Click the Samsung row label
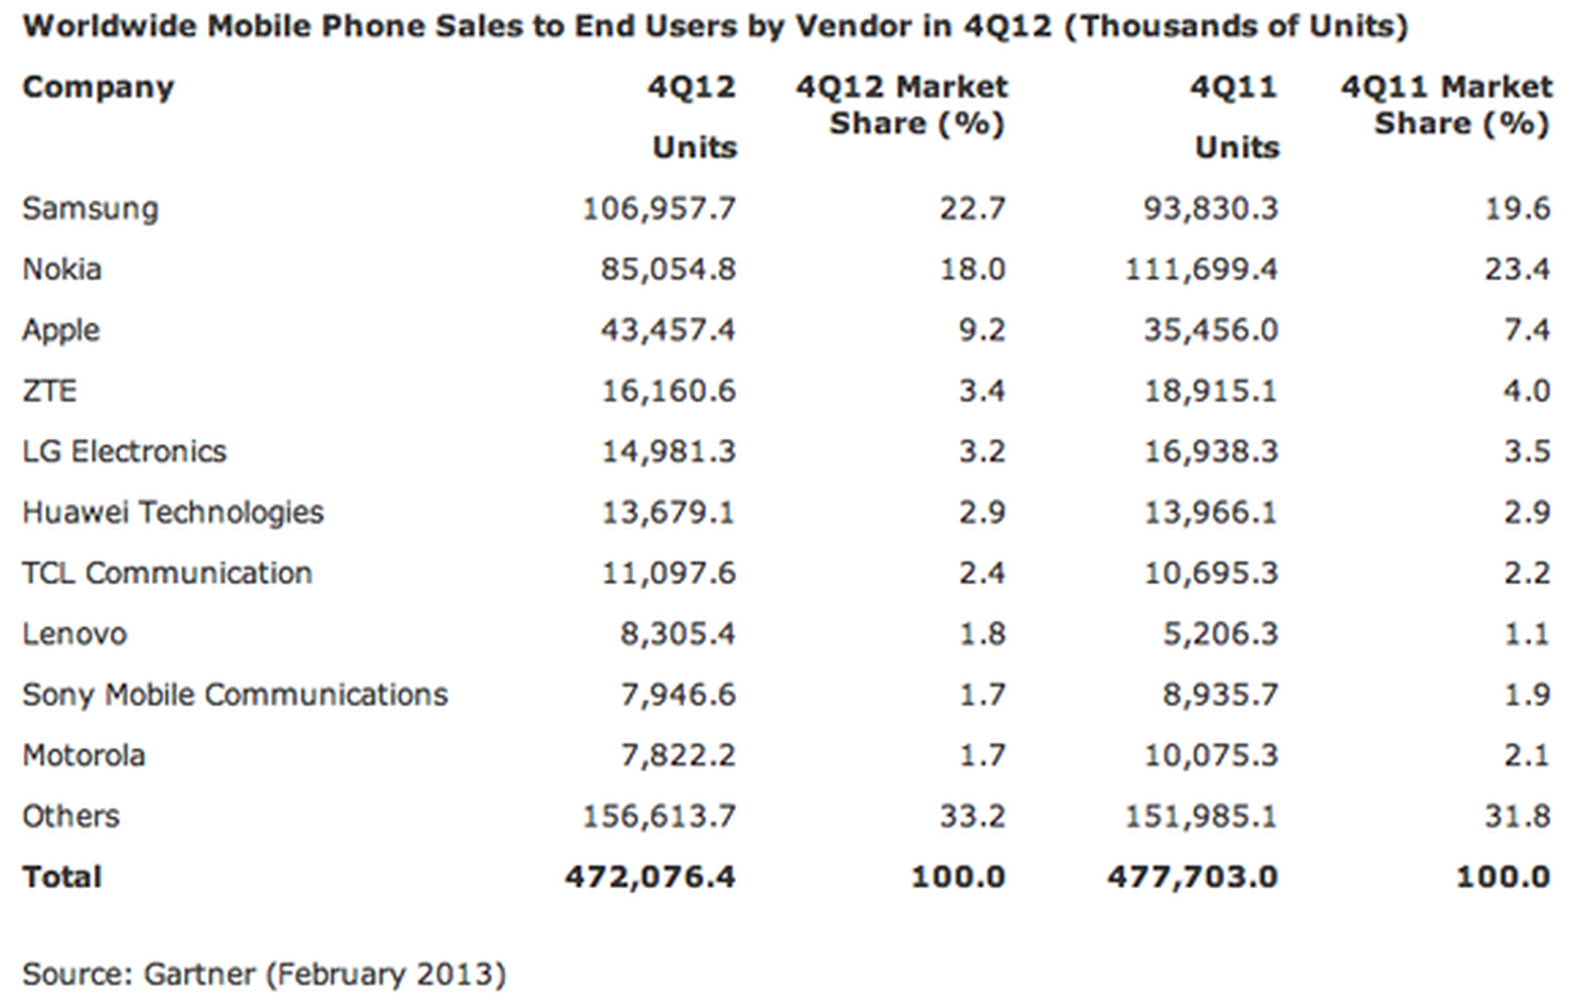tap(90, 208)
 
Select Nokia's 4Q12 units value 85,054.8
tap(668, 269)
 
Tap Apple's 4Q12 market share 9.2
tap(981, 330)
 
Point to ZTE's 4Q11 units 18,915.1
tap(1210, 391)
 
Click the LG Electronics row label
tap(124, 451)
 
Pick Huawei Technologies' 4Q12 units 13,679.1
tap(668, 512)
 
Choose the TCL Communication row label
tap(166, 573)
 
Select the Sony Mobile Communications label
tap(234, 695)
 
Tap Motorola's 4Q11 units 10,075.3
tap(1210, 755)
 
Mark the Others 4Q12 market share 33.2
tap(972, 816)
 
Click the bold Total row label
tap(62, 876)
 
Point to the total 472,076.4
tap(649, 876)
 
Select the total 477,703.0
tap(1192, 876)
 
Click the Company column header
tap(97, 88)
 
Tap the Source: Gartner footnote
tap(264, 974)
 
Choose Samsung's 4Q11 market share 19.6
tap(1517, 208)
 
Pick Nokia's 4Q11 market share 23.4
tap(1517, 269)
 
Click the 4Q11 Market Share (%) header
tap(1446, 105)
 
